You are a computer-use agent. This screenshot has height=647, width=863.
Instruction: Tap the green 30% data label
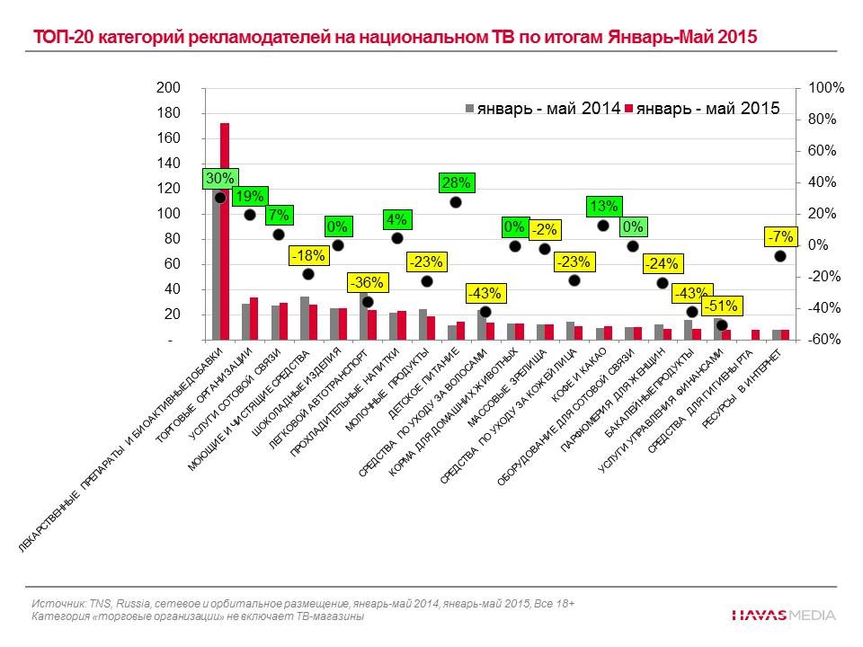coord(219,179)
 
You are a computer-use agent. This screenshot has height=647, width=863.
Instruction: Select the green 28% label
coord(456,183)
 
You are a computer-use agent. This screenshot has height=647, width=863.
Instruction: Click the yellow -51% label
coord(720,306)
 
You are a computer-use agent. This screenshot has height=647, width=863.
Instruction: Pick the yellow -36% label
coord(367,282)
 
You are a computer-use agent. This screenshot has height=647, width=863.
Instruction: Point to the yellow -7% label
coord(780,237)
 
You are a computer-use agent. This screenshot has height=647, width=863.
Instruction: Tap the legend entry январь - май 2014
coord(542,109)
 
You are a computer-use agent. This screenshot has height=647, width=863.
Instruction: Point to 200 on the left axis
coord(169,88)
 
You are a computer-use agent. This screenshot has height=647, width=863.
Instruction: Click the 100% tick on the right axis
coord(826,88)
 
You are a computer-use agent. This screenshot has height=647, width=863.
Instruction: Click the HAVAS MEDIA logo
coord(782,616)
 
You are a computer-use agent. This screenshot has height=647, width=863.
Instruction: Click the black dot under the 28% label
coord(456,202)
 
